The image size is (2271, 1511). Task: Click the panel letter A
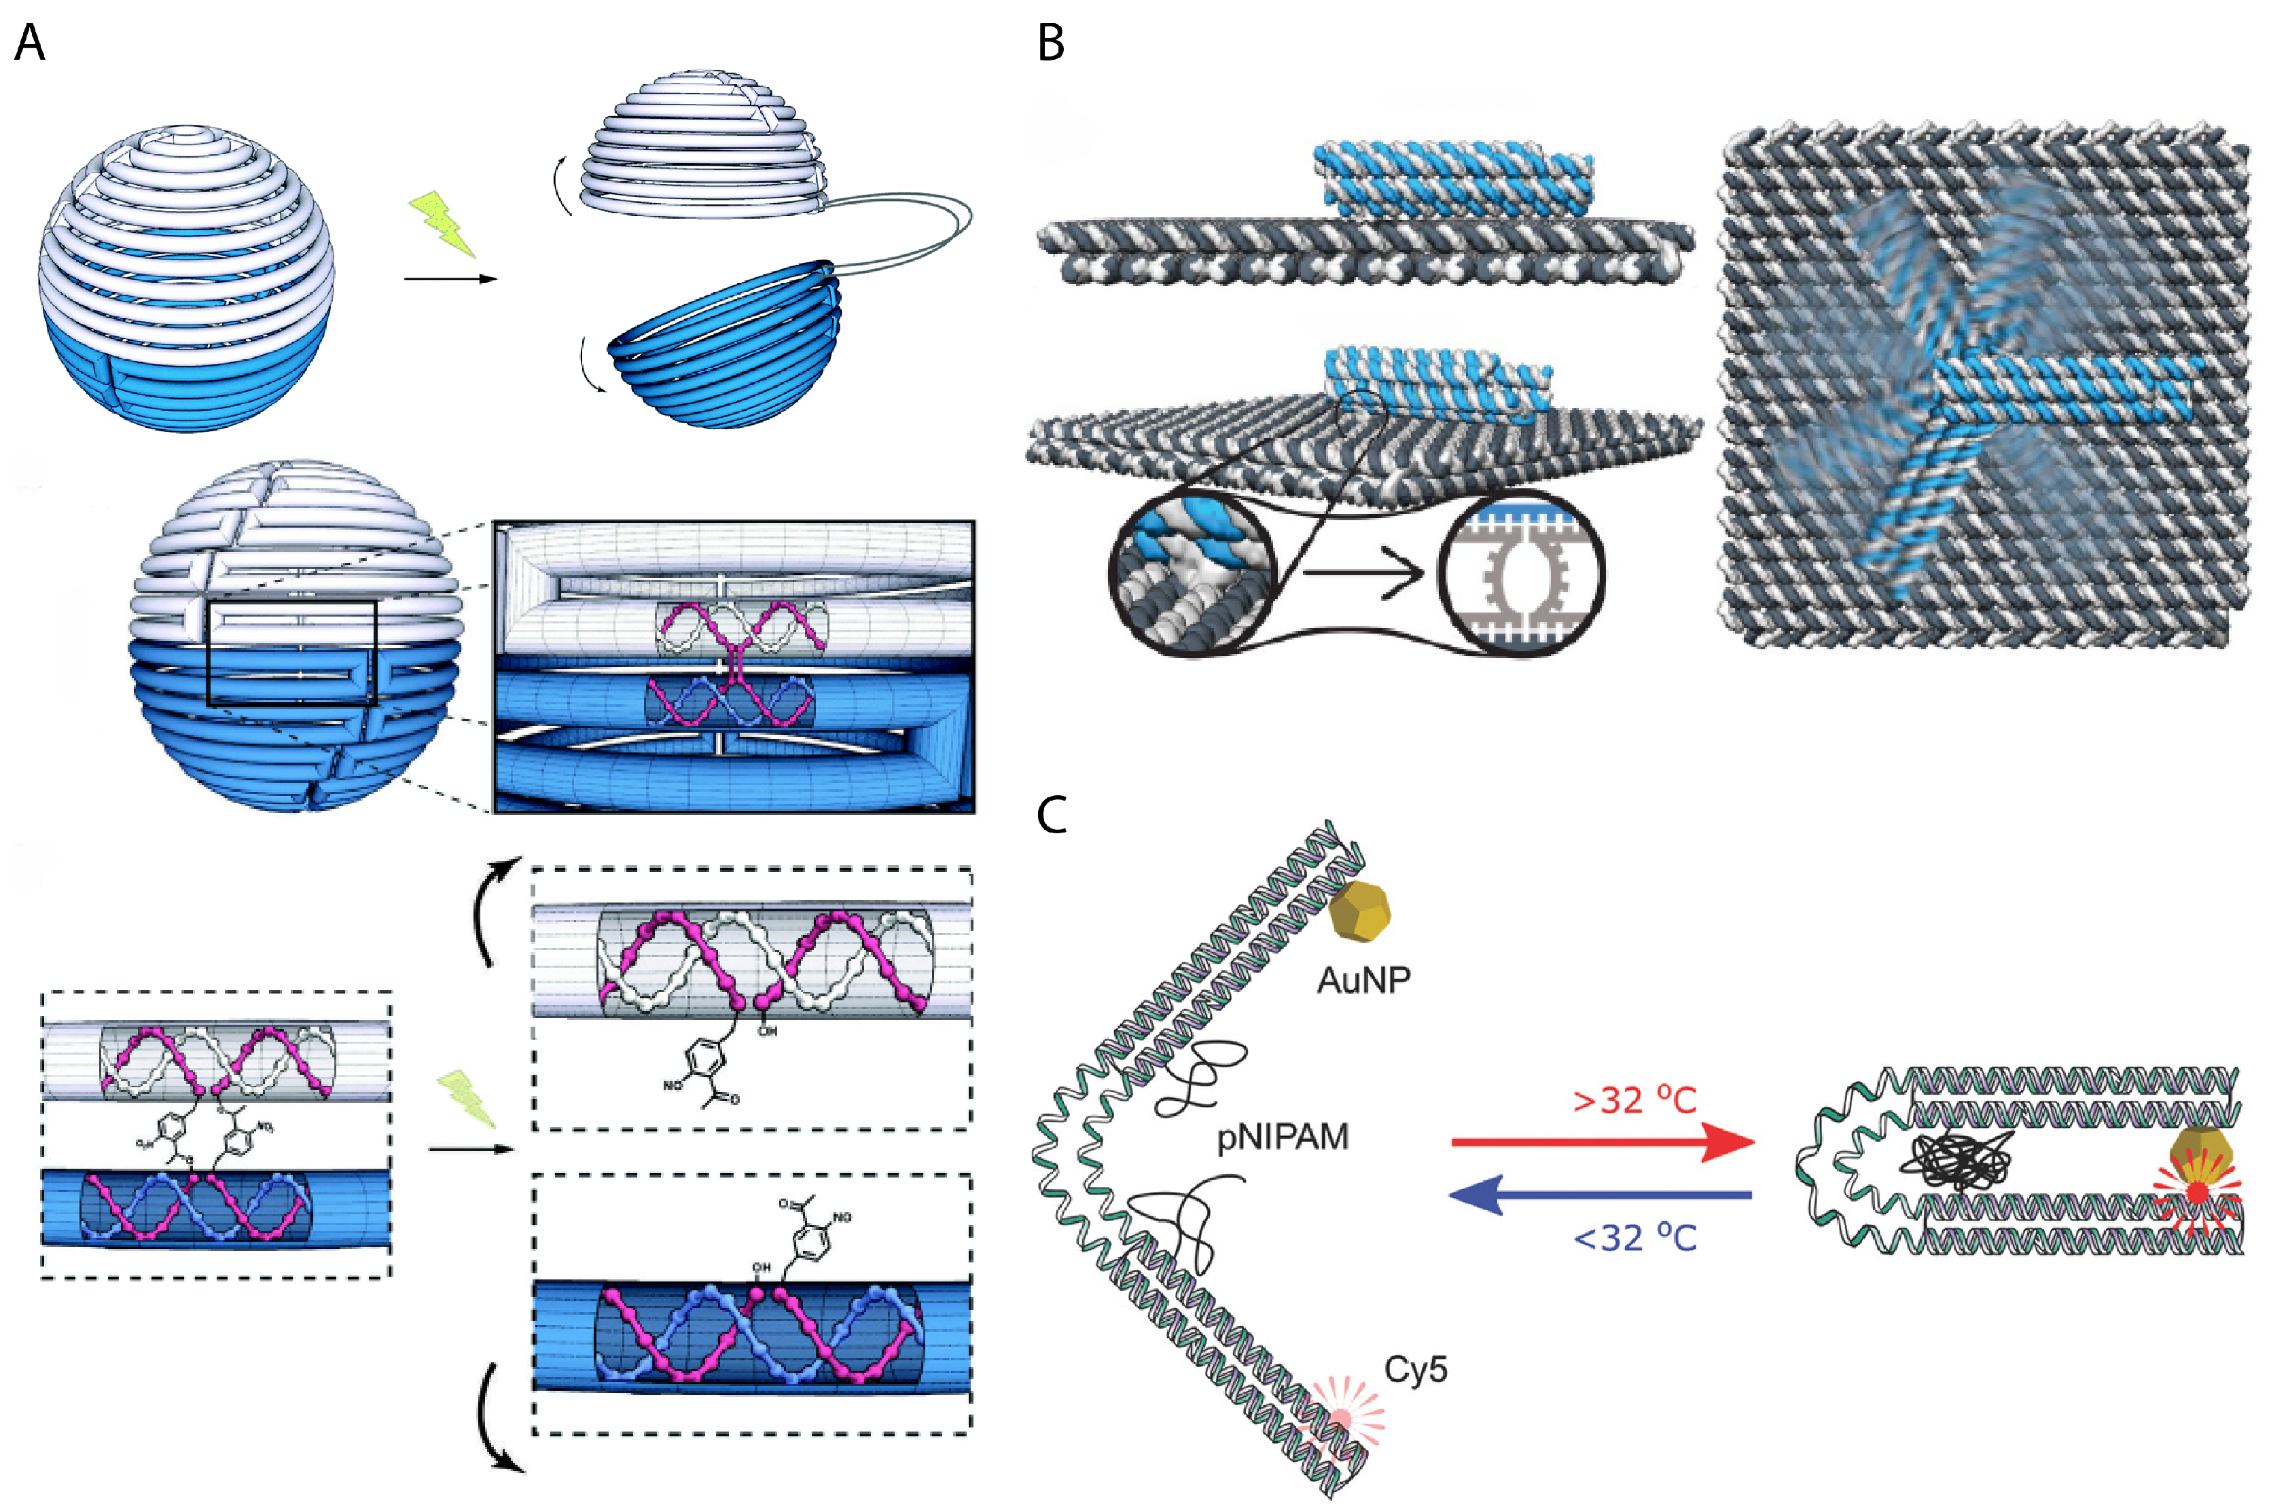click(x=29, y=43)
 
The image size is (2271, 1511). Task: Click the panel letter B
click(x=1051, y=43)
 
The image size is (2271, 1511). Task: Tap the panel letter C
click(x=1052, y=814)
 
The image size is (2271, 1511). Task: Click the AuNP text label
click(x=1363, y=980)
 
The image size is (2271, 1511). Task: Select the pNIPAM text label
click(x=1282, y=1137)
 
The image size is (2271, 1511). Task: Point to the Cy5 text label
click(x=1415, y=1369)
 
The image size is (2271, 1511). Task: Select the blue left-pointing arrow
click(x=1600, y=1196)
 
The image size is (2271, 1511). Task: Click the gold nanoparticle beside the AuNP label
click(x=1359, y=911)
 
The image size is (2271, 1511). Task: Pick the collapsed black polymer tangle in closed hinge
click(x=1962, y=1161)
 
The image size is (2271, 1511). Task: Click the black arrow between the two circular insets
click(x=1361, y=575)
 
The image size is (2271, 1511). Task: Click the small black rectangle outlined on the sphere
click(x=291, y=653)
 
